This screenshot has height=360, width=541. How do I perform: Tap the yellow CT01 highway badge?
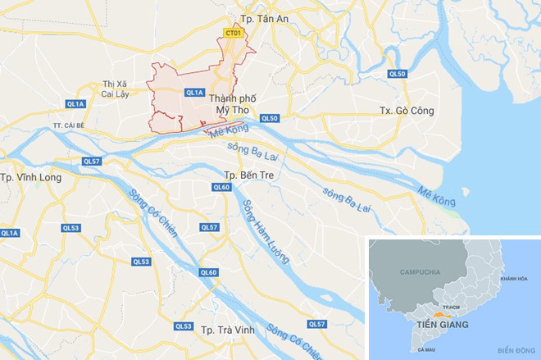point(234,33)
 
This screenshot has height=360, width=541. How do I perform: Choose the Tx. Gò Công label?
point(406,111)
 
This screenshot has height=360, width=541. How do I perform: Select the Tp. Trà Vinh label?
point(226,329)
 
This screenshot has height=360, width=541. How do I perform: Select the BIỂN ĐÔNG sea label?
point(514,349)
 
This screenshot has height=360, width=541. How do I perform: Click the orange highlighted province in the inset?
point(443,313)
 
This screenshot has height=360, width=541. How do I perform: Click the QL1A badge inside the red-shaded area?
point(194,93)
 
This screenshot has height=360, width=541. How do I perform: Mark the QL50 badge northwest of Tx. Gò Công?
point(397,74)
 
